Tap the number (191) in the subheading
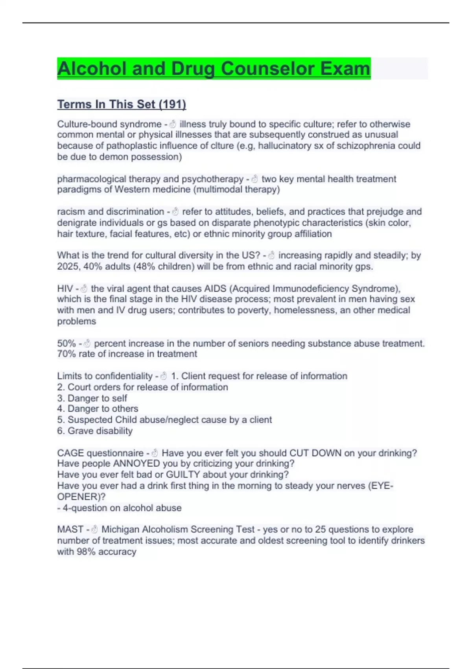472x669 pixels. click(x=172, y=104)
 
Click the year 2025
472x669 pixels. click(x=68, y=266)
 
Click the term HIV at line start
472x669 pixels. click(x=65, y=288)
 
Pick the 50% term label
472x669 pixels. click(x=66, y=344)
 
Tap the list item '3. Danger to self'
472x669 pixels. click(x=92, y=398)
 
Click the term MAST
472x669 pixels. click(x=70, y=529)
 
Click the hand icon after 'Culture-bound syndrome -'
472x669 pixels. click(x=172, y=124)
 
